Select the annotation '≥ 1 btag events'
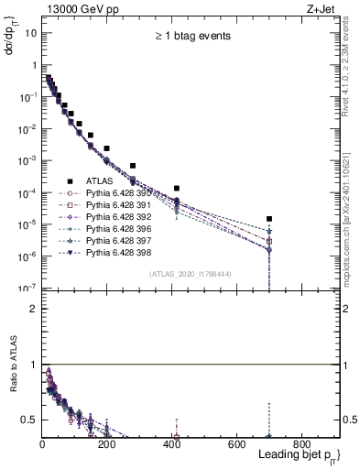pos(191,36)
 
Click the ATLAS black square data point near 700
pos(269,219)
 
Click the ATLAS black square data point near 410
pos(176,188)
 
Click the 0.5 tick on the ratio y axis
pos(29,420)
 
